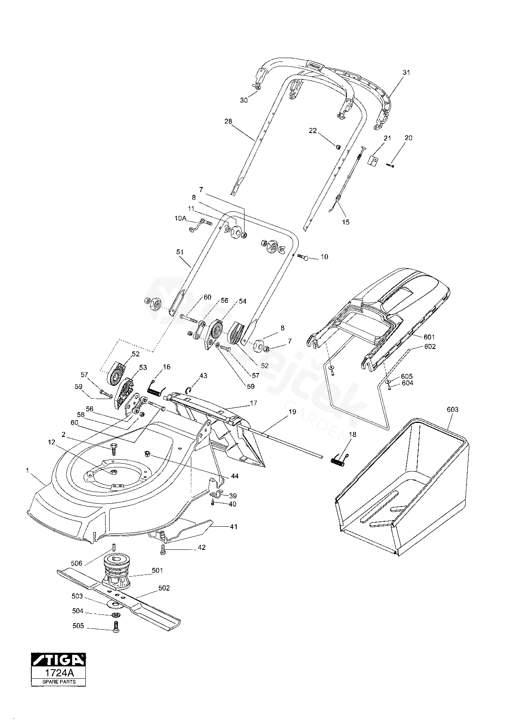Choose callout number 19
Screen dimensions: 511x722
pyautogui.click(x=292, y=411)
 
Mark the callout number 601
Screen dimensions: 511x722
pyautogui.click(x=429, y=337)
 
